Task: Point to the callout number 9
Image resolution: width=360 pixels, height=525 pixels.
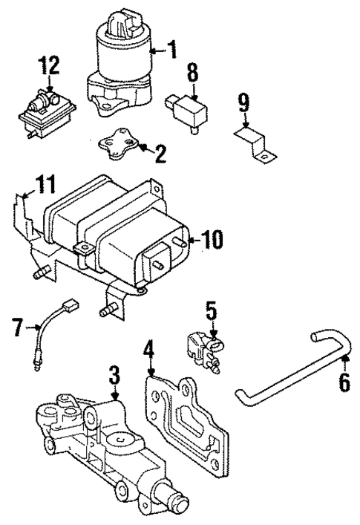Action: click(243, 102)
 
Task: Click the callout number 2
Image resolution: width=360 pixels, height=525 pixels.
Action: click(160, 154)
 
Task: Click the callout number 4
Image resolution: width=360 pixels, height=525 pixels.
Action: click(149, 348)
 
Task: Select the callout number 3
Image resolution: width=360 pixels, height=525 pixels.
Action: click(114, 374)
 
